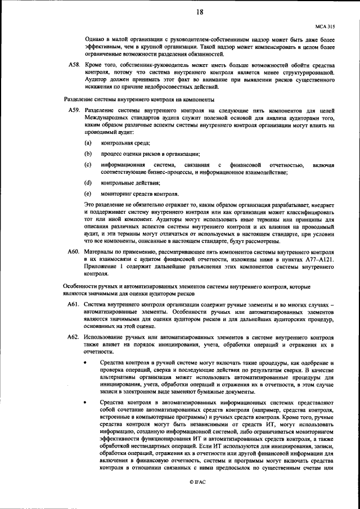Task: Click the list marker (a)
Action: (x=88, y=144)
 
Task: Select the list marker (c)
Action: (x=88, y=164)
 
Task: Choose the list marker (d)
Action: (x=88, y=183)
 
